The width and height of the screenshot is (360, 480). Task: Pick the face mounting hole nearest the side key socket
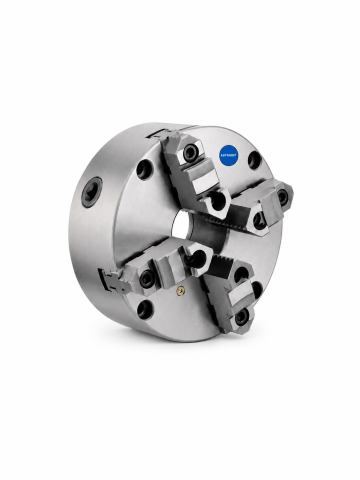[143, 167]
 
